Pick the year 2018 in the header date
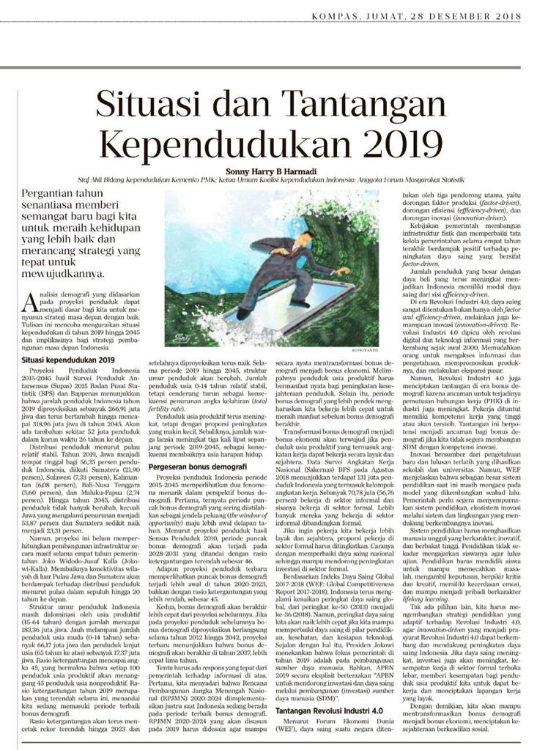(x=506, y=15)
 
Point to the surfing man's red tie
(x=294, y=250)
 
